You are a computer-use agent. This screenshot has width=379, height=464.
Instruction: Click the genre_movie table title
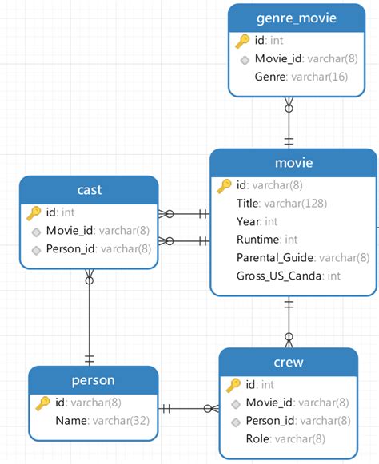[297, 18]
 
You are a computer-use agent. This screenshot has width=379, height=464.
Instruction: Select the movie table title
[293, 163]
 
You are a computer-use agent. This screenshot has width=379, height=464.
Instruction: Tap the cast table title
[90, 190]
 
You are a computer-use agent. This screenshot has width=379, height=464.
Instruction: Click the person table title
[93, 380]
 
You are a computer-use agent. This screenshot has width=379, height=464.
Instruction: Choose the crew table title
[289, 363]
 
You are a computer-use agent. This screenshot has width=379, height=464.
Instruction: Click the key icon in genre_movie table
[242, 42]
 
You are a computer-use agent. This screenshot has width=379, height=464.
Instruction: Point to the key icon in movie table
[224, 186]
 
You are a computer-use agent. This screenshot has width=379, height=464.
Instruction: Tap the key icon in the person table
[42, 403]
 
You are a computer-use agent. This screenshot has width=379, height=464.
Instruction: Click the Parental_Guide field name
[275, 258]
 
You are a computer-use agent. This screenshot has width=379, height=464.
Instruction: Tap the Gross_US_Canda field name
[278, 276]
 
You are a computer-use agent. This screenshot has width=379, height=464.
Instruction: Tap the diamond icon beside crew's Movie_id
[236, 404]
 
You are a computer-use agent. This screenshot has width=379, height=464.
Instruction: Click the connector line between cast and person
[90, 316]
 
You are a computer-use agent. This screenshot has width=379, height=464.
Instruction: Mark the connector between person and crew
[189, 409]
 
